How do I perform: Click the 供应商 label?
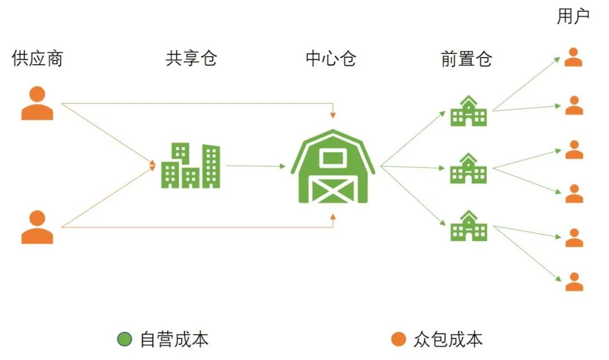[x=37, y=59]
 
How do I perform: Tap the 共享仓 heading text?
[x=191, y=59]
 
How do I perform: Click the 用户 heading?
[x=573, y=17]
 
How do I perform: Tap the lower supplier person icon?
[x=37, y=227]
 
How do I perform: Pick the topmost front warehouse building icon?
[x=468, y=111]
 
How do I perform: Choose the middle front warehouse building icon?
[x=468, y=168]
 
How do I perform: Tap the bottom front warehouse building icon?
[x=468, y=226]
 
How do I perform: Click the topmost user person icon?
[x=574, y=58]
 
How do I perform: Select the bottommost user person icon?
[x=574, y=282]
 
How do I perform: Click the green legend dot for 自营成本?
[x=124, y=339]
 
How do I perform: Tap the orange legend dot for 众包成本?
[x=398, y=339]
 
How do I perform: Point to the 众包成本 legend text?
[x=448, y=339]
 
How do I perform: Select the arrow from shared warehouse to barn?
[x=255, y=166]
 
